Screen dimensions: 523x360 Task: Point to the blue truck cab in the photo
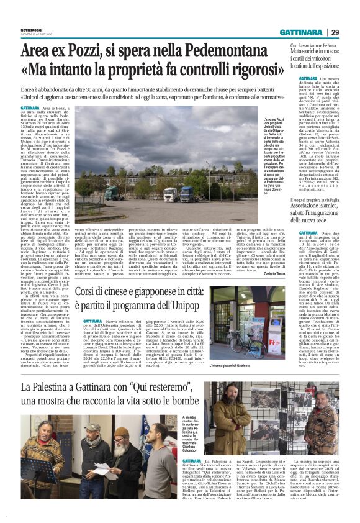click(x=187, y=194)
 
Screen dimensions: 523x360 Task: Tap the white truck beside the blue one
click(x=169, y=194)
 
